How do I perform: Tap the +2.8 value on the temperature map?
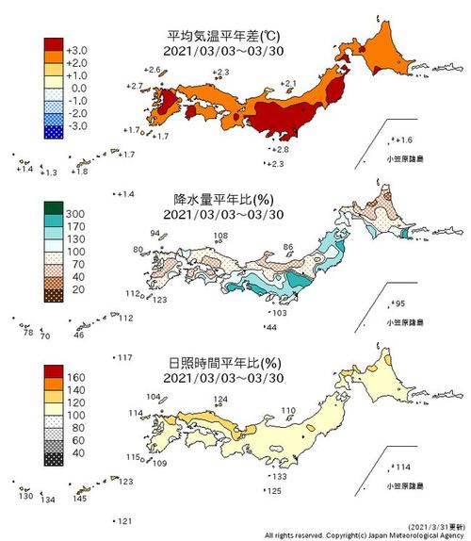point(282,150)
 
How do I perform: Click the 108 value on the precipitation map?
point(220,236)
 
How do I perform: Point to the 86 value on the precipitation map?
point(288,247)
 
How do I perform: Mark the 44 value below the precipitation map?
point(272,327)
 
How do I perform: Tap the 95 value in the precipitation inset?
point(399,303)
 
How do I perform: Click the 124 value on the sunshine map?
point(220,400)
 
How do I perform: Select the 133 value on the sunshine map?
point(280,477)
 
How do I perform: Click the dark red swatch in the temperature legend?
point(53,44)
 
